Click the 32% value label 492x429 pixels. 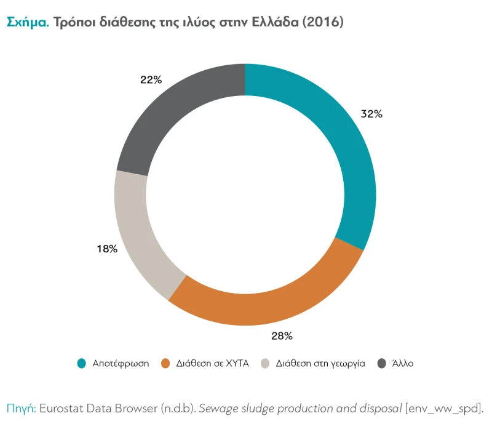371,114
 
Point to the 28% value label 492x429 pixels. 282,336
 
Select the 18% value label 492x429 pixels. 106,249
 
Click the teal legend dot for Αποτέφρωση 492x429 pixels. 81,363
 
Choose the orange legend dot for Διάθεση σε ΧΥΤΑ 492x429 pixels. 165,363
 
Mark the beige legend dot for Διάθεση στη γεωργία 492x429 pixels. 265,363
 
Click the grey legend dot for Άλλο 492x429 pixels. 382,363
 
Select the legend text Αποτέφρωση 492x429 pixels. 121,363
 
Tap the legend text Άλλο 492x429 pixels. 403,363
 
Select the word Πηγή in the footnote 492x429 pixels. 22,407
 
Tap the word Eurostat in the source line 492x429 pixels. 64,407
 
